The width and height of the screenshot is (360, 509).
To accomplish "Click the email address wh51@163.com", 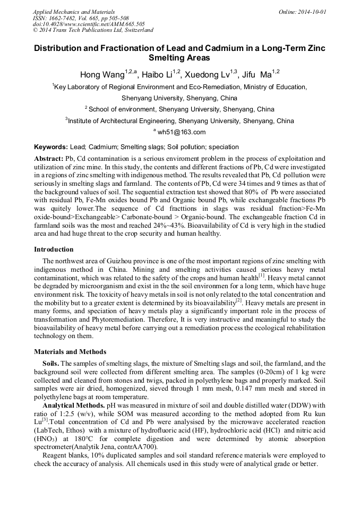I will click(x=181, y=133).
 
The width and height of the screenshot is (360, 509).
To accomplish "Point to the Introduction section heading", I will click(x=54, y=249).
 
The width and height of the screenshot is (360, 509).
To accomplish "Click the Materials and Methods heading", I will click(x=70, y=352).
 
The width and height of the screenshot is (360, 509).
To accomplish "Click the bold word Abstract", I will click(x=48, y=159).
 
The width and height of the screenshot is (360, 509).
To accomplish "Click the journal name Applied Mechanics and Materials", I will click(x=74, y=12).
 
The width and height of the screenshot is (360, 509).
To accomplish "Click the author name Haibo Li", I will click(x=156, y=75).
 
